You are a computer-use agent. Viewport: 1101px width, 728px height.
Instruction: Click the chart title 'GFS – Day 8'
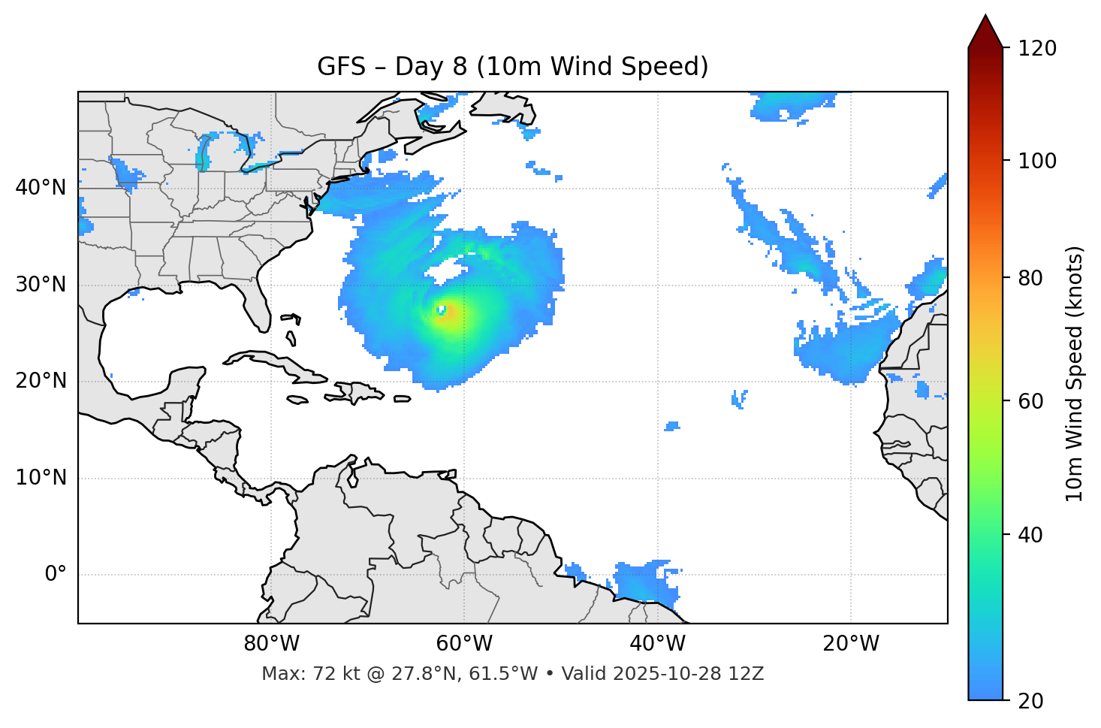pos(512,67)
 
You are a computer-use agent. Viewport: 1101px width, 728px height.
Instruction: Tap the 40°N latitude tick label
pos(41,188)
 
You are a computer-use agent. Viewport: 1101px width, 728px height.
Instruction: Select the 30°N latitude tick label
pos(41,285)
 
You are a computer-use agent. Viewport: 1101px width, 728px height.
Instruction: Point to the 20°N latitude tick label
pos(41,381)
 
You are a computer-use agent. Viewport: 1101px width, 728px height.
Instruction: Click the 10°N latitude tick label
pos(41,478)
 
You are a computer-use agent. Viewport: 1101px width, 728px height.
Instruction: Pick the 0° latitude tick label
pos(56,575)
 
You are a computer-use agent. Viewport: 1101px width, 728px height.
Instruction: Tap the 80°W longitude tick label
pos(271,644)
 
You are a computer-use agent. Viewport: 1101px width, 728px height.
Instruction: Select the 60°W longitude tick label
pos(464,644)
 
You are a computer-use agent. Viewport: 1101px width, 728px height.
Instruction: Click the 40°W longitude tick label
pos(657,644)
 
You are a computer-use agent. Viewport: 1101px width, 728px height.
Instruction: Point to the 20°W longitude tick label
pos(851,644)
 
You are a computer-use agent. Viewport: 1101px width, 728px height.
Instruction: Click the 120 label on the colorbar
pos(1037,48)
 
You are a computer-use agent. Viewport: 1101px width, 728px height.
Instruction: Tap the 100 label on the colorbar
pos(1037,161)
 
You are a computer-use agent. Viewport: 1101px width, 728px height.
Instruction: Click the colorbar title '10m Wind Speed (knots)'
pos(1075,373)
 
